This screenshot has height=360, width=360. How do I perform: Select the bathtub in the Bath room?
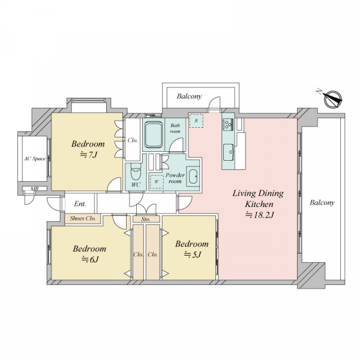(154, 135)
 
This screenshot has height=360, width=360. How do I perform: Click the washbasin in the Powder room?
(193, 176)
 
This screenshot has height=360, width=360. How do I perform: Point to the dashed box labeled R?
(196, 121)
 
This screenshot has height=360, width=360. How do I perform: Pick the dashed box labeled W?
(157, 181)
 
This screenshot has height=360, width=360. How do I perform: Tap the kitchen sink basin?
(228, 152)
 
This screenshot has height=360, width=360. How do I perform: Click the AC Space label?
(35, 158)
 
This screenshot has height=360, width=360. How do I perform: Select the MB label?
(35, 189)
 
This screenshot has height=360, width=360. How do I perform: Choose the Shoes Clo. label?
(83, 218)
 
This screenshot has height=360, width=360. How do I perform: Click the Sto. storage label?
(146, 219)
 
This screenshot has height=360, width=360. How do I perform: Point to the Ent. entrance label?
(80, 203)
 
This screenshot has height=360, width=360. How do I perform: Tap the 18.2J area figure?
(259, 215)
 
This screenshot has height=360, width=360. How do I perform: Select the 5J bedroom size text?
(193, 254)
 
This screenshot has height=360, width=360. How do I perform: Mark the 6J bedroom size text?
(90, 259)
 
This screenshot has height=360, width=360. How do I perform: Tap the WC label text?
(136, 185)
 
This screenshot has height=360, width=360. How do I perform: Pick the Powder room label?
(175, 178)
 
